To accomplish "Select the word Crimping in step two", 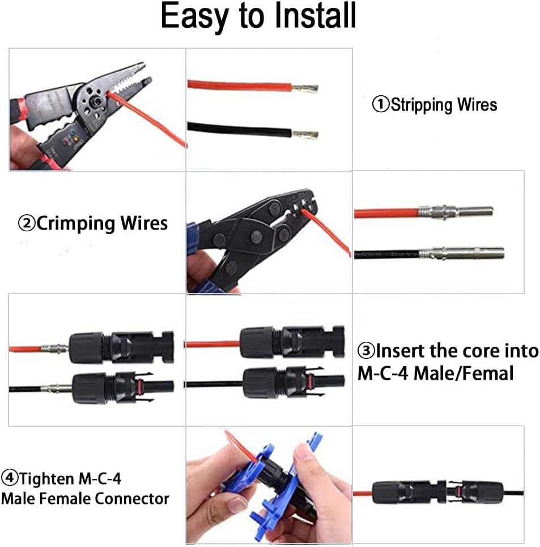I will click(77, 223).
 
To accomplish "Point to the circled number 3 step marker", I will click(365, 351).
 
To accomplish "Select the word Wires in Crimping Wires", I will click(144, 223).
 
